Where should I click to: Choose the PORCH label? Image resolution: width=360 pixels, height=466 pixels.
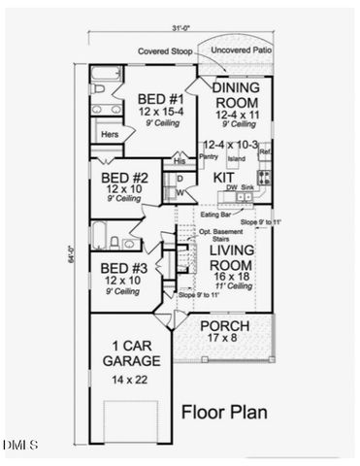224,325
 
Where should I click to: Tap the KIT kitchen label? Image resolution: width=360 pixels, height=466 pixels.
225,178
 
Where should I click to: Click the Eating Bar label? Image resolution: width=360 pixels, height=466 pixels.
215,214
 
